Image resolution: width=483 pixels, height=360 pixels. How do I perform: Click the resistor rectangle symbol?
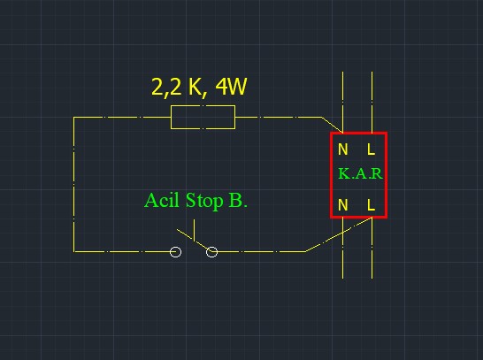pyautogui.click(x=203, y=105)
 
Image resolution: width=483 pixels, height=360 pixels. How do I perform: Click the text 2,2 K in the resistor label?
pyautogui.click(x=176, y=88)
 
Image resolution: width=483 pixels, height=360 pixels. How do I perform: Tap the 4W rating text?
pyautogui.click(x=231, y=87)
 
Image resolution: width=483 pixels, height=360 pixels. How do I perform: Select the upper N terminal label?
pyautogui.click(x=343, y=149)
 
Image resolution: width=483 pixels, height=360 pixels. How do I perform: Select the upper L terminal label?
pyautogui.click(x=372, y=149)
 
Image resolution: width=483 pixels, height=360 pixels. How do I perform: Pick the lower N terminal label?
pyautogui.click(x=343, y=205)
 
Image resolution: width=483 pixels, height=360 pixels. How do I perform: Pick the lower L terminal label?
pyautogui.click(x=372, y=205)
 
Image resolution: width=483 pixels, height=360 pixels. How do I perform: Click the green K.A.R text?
pyautogui.click(x=360, y=173)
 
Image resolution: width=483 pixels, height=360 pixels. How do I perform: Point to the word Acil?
pyautogui.click(x=162, y=200)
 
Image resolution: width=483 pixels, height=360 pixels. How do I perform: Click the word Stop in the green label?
pyautogui.click(x=204, y=201)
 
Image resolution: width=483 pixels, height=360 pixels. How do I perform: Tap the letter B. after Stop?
pyautogui.click(x=238, y=201)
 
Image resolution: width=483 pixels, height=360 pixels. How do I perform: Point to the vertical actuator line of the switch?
pyautogui.click(x=194, y=230)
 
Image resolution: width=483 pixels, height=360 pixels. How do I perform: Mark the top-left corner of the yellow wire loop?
pyautogui.click(x=74, y=117)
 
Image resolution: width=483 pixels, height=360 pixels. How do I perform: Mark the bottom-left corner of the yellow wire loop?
pyautogui.click(x=74, y=251)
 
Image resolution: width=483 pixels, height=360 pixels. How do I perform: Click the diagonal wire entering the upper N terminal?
pyautogui.click(x=333, y=125)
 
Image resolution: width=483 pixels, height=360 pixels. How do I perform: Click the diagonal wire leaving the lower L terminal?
pyautogui.click(x=339, y=234)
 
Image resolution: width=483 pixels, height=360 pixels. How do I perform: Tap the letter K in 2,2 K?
pyautogui.click(x=194, y=87)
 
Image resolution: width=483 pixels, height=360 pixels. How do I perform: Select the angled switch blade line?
pyautogui.click(x=194, y=241)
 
